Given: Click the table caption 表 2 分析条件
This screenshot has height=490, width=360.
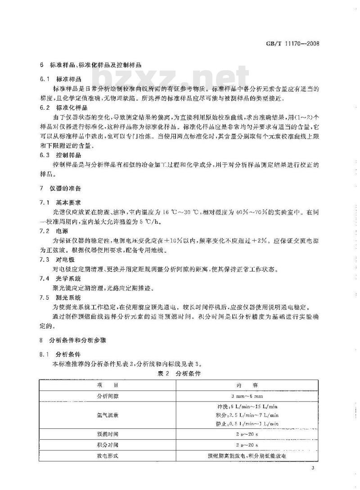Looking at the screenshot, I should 179,374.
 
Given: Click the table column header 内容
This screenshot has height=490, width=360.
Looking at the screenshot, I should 247,386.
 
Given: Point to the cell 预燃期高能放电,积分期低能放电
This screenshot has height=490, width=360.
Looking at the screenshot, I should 247,456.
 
